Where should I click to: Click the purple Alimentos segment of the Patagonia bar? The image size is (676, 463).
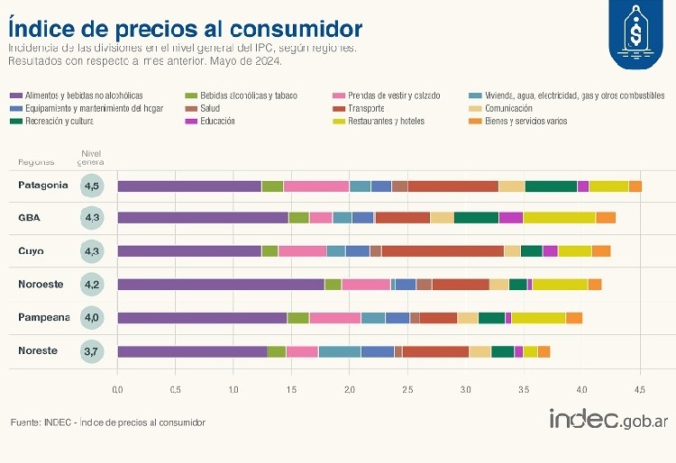pos(189,186)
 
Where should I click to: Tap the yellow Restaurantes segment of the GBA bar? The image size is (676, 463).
pos(559,218)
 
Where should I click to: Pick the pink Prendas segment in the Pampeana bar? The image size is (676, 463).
pos(335,318)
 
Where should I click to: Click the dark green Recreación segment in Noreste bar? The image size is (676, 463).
pos(502,351)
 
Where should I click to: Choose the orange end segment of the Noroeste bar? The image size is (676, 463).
pos(595,285)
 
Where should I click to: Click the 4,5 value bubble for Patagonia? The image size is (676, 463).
pos(92,186)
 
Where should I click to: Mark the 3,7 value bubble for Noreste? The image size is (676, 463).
pos(92,351)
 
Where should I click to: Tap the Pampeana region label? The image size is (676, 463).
pos(43,317)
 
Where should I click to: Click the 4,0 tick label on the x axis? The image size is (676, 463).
pos(580,390)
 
